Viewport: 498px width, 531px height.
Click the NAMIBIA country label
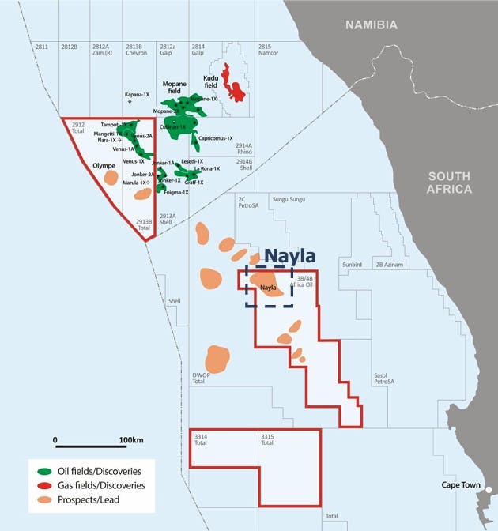click(x=371, y=24)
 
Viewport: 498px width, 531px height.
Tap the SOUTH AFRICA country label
click(x=448, y=183)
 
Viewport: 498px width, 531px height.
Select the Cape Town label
click(x=459, y=484)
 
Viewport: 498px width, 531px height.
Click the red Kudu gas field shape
click(x=233, y=83)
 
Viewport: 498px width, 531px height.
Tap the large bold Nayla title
click(x=289, y=256)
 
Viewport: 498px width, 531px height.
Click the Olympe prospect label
click(x=105, y=165)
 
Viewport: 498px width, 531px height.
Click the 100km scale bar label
click(x=130, y=439)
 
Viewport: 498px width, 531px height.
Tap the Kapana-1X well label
click(x=138, y=94)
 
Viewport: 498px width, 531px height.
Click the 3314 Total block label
click(x=201, y=439)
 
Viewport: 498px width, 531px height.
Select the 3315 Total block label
click(x=268, y=439)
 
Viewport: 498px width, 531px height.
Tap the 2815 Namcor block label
click(x=269, y=50)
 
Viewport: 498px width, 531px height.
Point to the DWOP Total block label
click(x=198, y=378)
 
